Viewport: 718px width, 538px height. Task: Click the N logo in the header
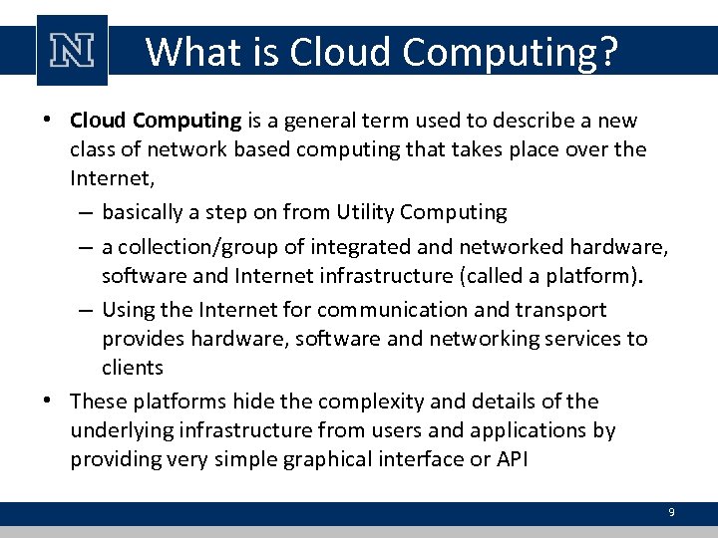72,50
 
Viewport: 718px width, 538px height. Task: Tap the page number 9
671,512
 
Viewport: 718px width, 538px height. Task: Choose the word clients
132,368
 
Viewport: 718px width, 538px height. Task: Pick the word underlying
119,430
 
